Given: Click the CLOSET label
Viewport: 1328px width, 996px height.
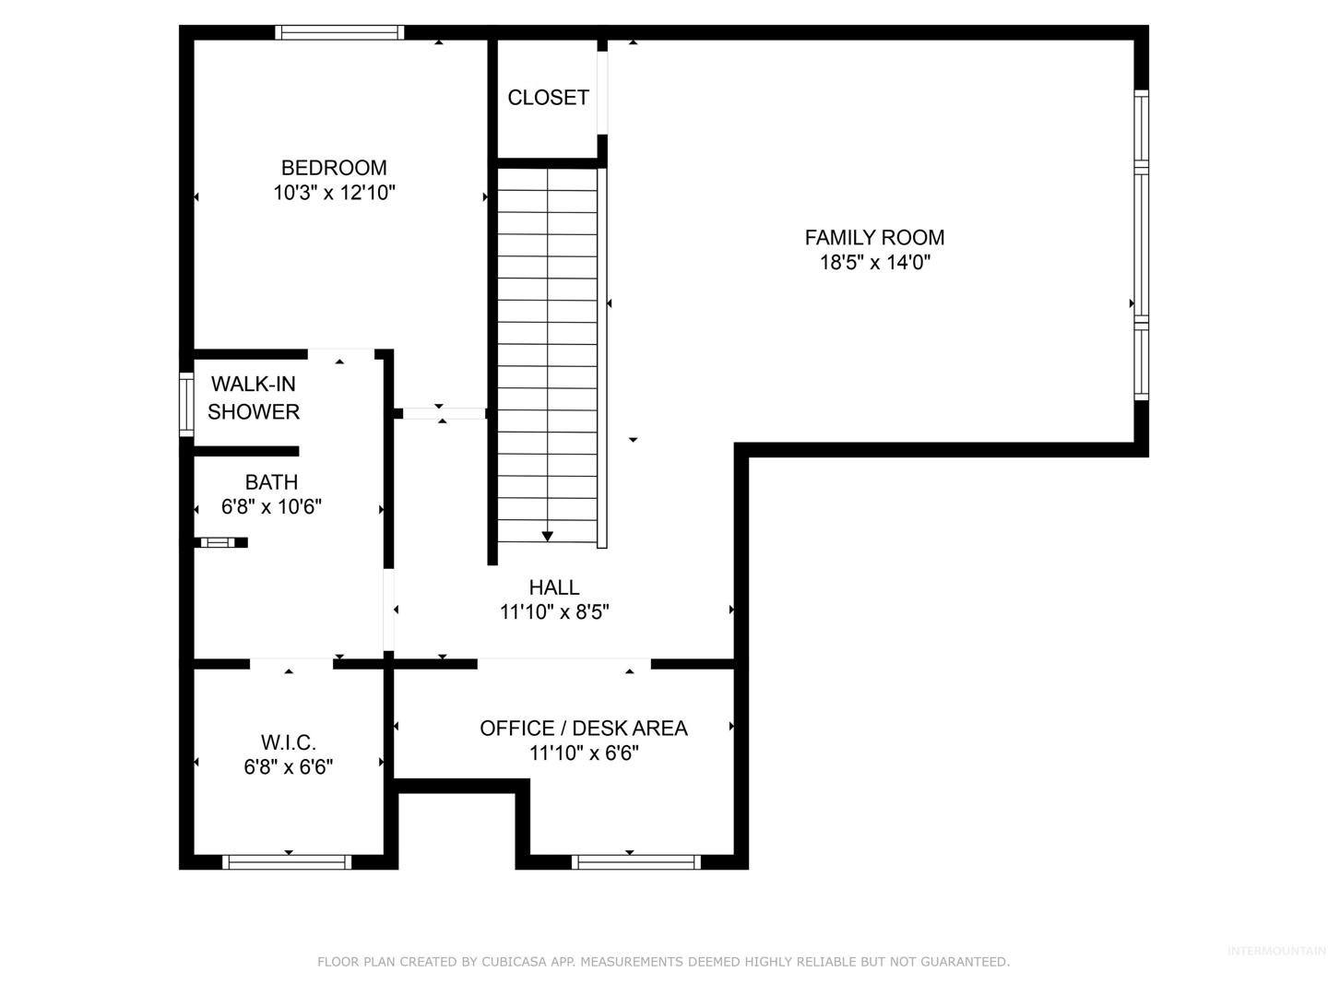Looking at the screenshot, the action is tap(548, 98).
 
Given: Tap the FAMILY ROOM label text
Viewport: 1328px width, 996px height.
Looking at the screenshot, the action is tap(874, 238).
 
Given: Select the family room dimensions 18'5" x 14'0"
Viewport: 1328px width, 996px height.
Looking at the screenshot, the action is tap(874, 263).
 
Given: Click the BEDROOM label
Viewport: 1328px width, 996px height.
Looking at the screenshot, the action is tap(334, 168).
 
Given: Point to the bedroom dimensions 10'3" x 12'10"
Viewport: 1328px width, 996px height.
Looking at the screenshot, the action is tap(334, 193).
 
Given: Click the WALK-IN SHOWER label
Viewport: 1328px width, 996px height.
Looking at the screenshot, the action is tap(254, 397).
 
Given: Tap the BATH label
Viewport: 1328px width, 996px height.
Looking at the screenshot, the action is tap(272, 482).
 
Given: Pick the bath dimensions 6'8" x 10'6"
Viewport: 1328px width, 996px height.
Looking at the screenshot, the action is tap(271, 507).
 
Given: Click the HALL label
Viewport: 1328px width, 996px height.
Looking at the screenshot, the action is tap(554, 587).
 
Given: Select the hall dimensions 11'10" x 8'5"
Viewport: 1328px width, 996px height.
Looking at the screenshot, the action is tap(554, 612).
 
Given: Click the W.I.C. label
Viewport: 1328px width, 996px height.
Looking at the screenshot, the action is tap(289, 742).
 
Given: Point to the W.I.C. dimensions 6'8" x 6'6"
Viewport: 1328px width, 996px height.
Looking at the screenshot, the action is tap(289, 766).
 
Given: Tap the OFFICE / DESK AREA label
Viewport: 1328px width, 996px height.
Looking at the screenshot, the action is tap(584, 729).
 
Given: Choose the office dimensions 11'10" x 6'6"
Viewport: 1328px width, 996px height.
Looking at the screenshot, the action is tap(584, 753).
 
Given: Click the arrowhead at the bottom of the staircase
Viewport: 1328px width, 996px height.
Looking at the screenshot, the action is tap(547, 537).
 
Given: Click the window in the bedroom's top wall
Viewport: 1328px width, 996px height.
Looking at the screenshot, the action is tap(339, 32).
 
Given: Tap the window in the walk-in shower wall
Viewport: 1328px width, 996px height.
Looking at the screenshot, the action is tap(186, 404).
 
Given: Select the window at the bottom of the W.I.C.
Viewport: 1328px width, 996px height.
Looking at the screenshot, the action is tap(287, 862).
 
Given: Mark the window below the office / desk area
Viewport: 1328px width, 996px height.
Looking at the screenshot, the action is tap(635, 862).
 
